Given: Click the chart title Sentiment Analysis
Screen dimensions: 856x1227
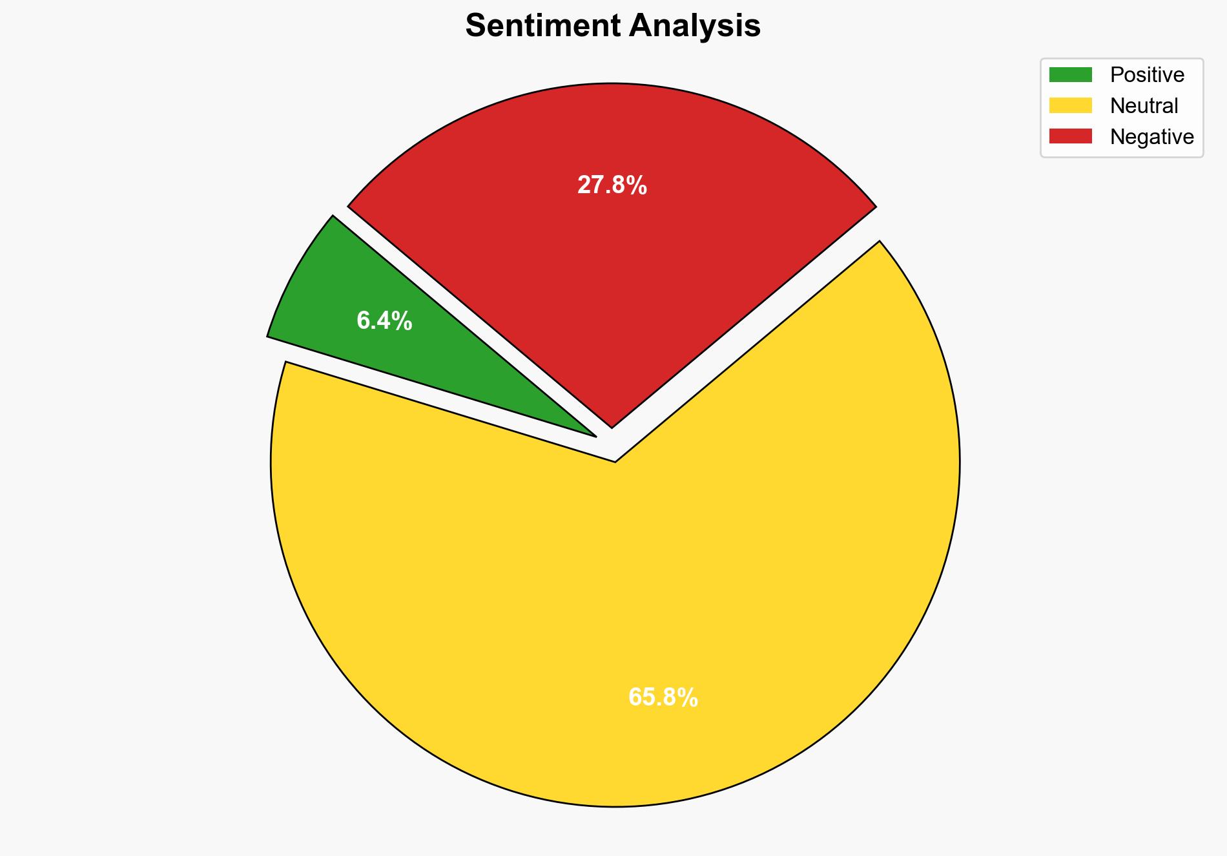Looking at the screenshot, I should point(613,26).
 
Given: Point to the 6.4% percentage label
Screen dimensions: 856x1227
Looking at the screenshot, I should point(384,320).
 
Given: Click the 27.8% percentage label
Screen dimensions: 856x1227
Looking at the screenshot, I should point(612,185).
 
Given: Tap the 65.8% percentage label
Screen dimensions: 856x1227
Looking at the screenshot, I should point(663,698).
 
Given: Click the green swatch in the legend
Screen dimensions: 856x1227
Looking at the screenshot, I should point(1070,75).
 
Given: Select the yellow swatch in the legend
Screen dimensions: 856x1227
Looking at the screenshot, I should point(1070,105).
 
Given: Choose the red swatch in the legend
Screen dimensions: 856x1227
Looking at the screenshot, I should point(1070,136).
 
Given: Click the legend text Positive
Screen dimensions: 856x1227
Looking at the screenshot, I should point(1147,75).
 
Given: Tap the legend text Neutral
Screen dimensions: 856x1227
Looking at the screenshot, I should point(1144,105).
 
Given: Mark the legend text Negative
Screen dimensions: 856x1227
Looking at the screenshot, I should point(1151,136).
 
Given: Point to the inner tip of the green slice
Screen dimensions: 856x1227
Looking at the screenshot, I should point(593,435).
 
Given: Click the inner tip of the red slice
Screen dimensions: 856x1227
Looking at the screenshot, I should point(612,425).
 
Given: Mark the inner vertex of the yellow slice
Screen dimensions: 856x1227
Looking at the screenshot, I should point(615,460).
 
